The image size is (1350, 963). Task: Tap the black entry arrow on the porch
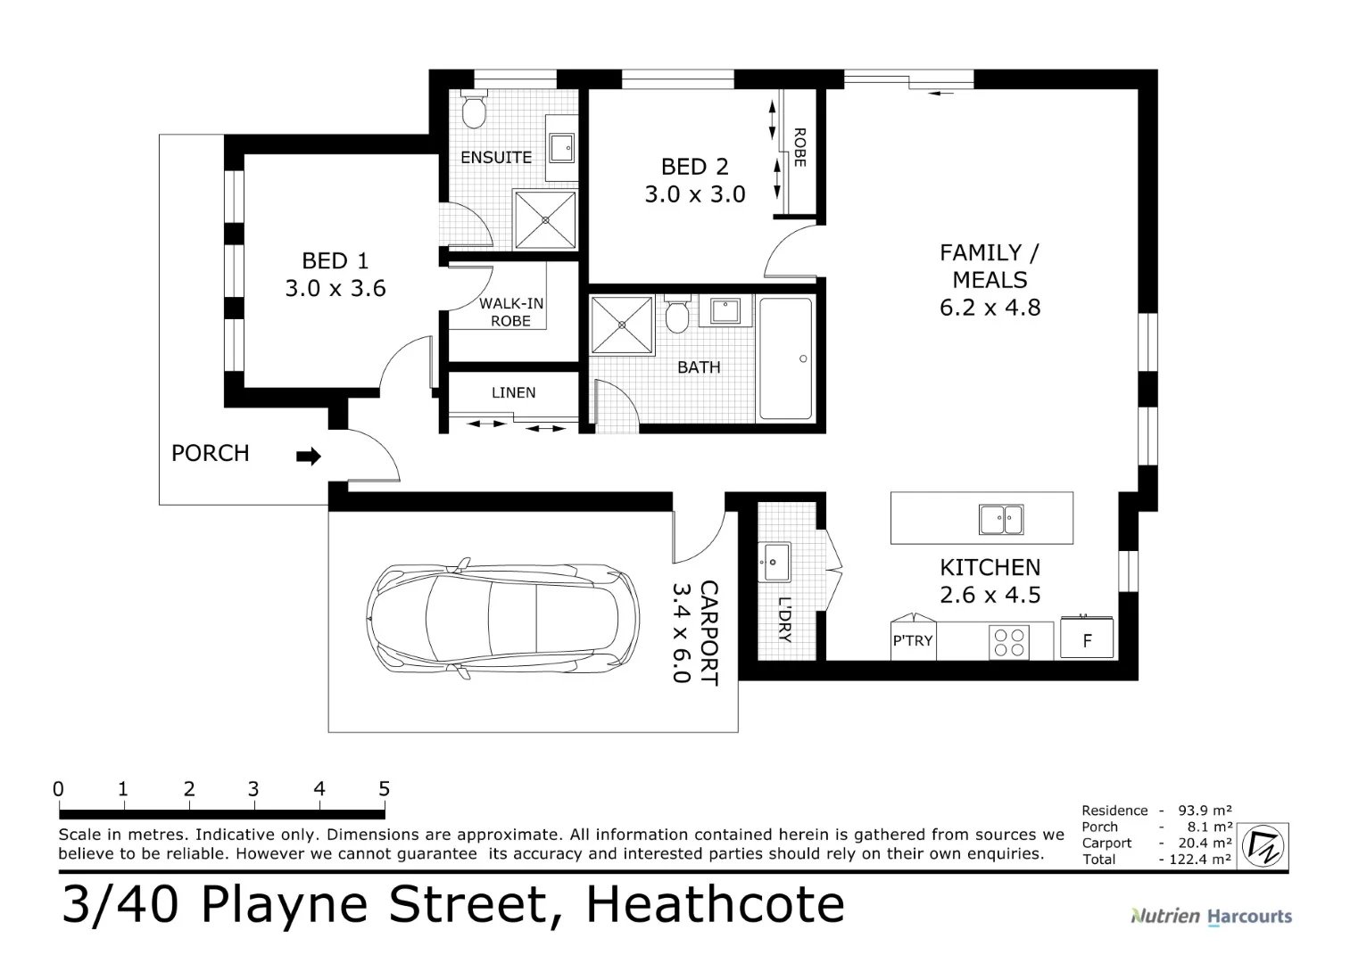pyautogui.click(x=308, y=457)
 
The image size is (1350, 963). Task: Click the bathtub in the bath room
pyautogui.click(x=785, y=358)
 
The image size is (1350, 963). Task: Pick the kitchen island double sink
pyautogui.click(x=1001, y=519)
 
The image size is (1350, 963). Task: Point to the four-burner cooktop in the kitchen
pyautogui.click(x=1009, y=642)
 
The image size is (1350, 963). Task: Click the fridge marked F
pyautogui.click(x=1087, y=640)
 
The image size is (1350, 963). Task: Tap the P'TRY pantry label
pyautogui.click(x=912, y=640)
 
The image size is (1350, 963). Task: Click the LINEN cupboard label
pyautogui.click(x=513, y=392)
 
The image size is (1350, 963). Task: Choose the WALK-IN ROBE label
pyautogui.click(x=510, y=312)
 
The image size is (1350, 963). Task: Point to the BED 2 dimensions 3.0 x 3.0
pyautogui.click(x=695, y=194)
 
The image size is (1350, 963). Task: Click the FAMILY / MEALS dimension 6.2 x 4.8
pyautogui.click(x=990, y=308)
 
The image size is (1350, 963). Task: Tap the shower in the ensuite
pyautogui.click(x=544, y=219)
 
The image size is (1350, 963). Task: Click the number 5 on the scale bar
pyautogui.click(x=384, y=789)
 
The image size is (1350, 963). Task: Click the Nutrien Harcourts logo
pyautogui.click(x=1211, y=916)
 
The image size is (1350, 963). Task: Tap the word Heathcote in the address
pyautogui.click(x=715, y=904)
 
